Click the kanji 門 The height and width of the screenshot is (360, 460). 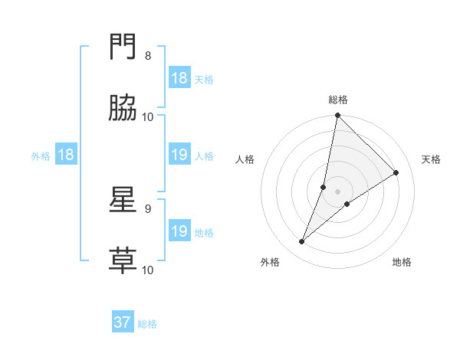click(123, 49)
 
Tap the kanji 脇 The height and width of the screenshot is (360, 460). click(123, 110)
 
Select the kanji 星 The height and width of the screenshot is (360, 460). click(123, 201)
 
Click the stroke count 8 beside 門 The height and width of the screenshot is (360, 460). click(148, 56)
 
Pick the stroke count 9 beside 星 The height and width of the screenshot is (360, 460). click(148, 208)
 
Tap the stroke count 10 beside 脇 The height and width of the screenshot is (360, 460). click(148, 117)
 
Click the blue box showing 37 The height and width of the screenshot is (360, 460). click(123, 322)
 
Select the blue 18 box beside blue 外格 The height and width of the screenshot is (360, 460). click(66, 155)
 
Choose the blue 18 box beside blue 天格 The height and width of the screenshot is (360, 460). click(179, 78)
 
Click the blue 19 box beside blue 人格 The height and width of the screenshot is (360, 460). click(179, 155)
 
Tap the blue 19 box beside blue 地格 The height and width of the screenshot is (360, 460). click(179, 231)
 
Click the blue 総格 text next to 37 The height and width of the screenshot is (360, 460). click(147, 324)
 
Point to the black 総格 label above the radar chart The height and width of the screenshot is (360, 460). click(338, 100)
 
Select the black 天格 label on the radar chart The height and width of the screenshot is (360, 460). click(431, 159)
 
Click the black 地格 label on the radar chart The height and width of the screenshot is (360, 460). click(402, 262)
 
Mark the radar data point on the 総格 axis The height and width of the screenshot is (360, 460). click(337, 116)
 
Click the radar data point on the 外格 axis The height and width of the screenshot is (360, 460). click(302, 242)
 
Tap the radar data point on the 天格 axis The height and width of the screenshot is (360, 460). click(396, 172)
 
